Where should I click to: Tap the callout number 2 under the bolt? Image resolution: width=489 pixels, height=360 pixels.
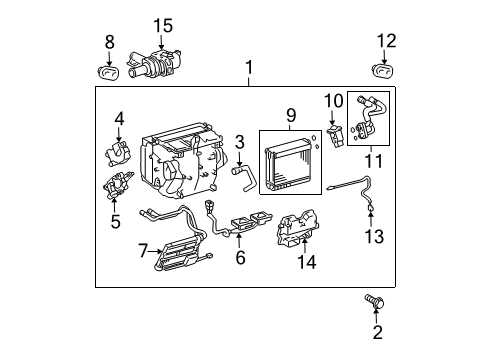(377, 332)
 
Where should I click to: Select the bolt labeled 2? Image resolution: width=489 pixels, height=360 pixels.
(376, 300)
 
